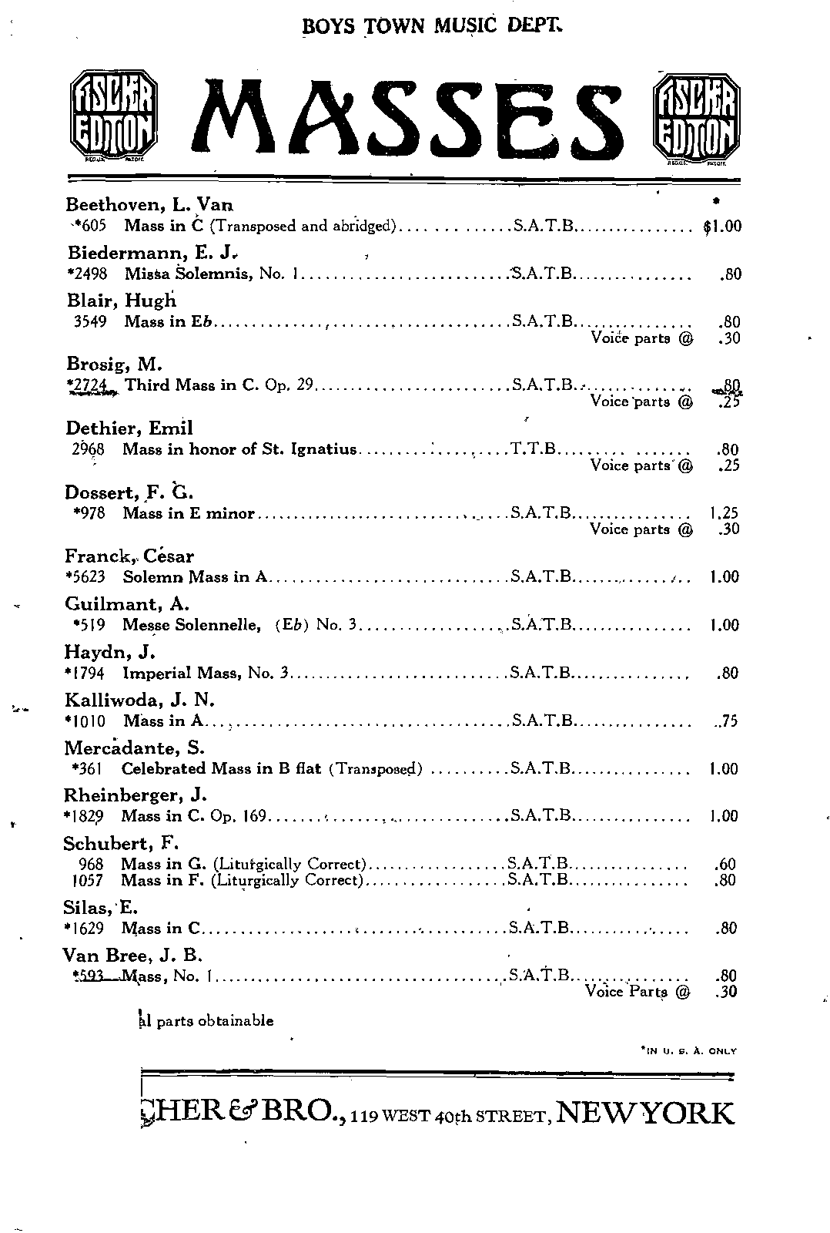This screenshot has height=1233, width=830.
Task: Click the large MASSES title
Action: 409,119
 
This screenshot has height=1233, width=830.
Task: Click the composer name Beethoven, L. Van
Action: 149,205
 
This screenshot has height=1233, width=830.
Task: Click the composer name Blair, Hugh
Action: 122,301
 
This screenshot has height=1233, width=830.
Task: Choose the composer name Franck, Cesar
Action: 129,556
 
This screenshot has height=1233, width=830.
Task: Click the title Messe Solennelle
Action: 190,625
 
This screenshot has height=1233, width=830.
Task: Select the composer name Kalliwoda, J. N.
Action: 139,700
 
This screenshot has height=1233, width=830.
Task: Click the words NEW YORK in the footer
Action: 645,1113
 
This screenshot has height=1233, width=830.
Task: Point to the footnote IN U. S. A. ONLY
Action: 688,1050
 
